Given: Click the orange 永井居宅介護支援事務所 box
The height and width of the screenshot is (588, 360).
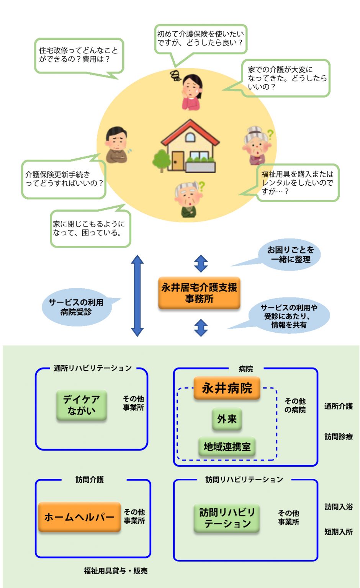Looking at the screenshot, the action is [199, 293].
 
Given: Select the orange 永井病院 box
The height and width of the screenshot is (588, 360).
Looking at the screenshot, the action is [227, 388].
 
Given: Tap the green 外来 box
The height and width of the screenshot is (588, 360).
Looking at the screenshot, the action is [227, 419].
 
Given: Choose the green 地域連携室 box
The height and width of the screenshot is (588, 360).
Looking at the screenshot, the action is [227, 446].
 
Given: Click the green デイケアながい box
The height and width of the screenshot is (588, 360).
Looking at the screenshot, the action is [82, 405].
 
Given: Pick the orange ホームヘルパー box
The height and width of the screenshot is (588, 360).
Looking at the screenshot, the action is [80, 517].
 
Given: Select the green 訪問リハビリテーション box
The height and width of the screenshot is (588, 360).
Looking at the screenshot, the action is [227, 518].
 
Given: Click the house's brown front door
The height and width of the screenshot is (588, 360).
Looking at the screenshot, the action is [178, 161].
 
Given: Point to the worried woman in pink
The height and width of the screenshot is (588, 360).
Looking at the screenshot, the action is [192, 92].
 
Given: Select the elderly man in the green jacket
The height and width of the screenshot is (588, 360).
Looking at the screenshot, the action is [189, 199].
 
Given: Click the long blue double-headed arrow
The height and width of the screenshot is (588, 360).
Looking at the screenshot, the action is [137, 296].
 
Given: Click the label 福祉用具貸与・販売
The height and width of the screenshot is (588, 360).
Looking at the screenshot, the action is [116, 571].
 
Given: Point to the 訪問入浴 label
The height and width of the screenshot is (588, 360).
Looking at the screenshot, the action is [339, 506].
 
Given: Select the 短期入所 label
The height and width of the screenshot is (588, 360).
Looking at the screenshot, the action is [339, 532].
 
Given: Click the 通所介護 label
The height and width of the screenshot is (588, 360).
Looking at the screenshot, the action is [339, 406].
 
